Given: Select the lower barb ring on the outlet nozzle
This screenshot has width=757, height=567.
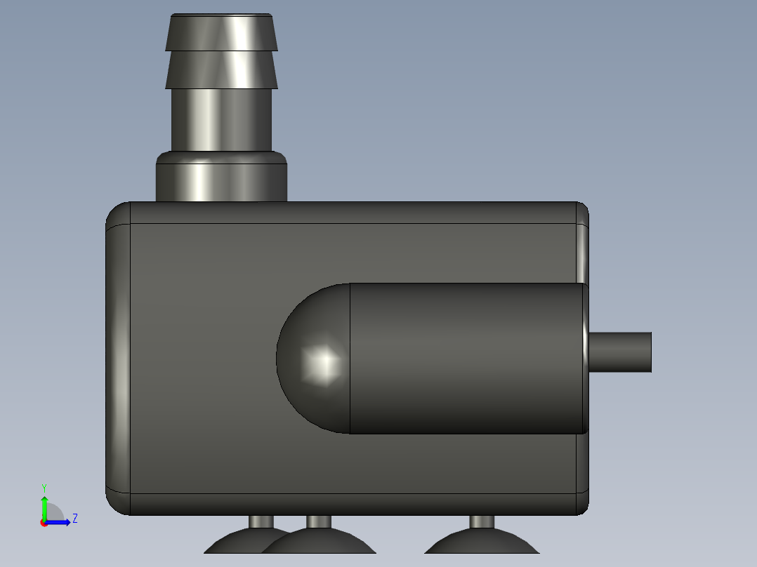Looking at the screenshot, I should tap(221, 69).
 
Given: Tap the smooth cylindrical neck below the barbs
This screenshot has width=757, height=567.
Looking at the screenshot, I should tap(221, 119).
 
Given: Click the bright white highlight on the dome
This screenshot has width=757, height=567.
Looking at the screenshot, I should tap(325, 362).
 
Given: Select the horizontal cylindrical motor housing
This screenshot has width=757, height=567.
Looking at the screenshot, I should tap(467, 358).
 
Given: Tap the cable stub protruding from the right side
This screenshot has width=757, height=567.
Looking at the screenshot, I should tap(621, 352).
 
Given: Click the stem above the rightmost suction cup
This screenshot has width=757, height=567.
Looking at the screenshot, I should tap(482, 521).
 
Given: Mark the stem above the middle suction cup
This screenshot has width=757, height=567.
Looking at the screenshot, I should tap(320, 521).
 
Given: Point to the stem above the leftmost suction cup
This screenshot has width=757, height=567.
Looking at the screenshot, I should tap(262, 521).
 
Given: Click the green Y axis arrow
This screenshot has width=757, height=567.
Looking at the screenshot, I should tap(44, 505).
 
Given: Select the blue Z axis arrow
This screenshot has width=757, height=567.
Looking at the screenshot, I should tap(60, 521).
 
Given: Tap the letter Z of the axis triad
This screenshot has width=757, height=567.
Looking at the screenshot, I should tap(74, 519).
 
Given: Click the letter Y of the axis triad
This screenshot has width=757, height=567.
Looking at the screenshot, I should tap(44, 487).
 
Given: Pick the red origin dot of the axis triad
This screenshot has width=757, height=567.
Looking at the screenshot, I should tap(44, 523).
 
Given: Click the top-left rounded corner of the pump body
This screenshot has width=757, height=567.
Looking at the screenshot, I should tap(117, 213).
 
